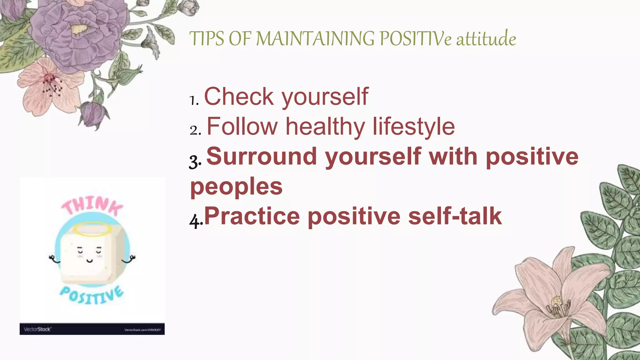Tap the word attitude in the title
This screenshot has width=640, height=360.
click(x=486, y=39)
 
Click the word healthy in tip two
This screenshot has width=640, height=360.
click(x=325, y=127)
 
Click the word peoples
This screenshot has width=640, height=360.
click(x=237, y=187)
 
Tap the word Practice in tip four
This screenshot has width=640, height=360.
click(x=252, y=216)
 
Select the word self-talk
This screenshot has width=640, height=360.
click(x=455, y=216)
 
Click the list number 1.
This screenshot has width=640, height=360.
click(x=194, y=100)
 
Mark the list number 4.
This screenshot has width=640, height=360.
click(x=195, y=221)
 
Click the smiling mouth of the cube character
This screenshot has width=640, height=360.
click(x=90, y=260)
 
